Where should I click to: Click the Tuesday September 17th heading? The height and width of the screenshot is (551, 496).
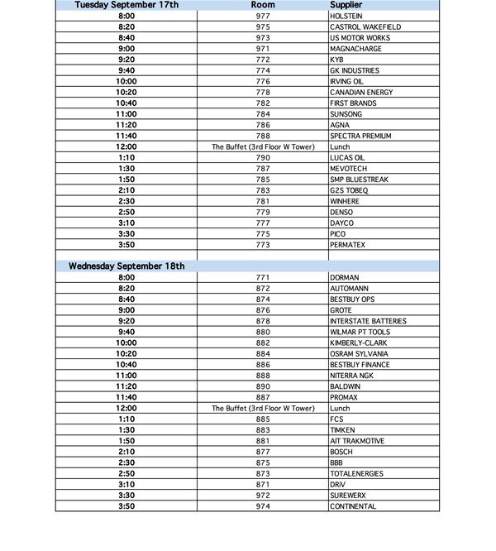click(126, 5)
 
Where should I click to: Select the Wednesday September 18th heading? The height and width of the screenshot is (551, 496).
click(126, 266)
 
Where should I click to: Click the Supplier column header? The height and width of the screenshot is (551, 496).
click(346, 5)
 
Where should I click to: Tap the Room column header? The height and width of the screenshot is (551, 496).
click(263, 5)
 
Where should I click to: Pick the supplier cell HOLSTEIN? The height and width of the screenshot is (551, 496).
click(346, 16)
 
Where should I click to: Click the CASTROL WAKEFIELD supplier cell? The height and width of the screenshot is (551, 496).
click(365, 27)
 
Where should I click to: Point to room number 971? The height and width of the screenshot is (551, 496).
click(263, 49)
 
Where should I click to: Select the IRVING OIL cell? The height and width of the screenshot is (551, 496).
click(348, 81)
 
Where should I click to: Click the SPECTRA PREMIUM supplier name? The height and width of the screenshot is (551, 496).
click(360, 136)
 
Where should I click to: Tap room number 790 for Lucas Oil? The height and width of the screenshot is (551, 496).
click(263, 157)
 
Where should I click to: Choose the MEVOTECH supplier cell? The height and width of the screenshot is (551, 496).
click(348, 168)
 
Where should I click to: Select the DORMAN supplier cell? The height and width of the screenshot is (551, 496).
click(344, 277)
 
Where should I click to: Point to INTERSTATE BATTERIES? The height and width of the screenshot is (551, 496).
click(368, 321)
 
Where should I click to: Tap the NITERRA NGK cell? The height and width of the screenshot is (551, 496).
click(352, 376)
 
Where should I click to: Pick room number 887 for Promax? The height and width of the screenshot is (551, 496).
click(263, 397)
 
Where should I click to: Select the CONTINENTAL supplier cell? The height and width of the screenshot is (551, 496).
click(353, 506)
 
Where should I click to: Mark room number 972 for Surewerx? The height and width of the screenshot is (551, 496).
click(263, 495)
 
